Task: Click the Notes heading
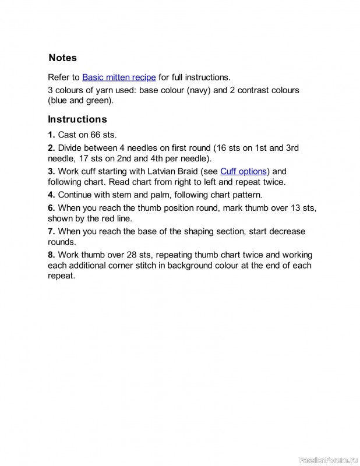click(62, 58)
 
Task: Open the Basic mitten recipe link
click(119, 77)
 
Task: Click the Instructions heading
click(77, 119)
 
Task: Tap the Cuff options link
click(243, 171)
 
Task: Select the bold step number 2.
click(51, 148)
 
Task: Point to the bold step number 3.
click(51, 171)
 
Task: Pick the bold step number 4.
click(51, 195)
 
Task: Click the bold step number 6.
click(51, 207)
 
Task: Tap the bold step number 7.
click(51, 231)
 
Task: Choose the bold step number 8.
click(51, 255)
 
